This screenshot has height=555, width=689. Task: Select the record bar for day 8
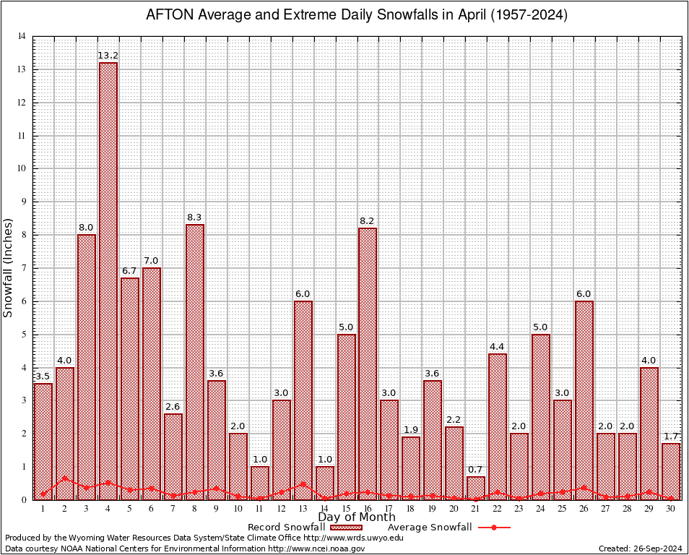point(195,361)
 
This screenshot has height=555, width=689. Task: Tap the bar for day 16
point(368,361)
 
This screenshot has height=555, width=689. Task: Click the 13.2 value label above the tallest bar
point(108,56)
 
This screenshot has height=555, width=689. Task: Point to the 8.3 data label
point(195,218)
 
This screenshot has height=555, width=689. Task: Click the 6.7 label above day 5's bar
point(130,271)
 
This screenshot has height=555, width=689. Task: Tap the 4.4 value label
point(498,347)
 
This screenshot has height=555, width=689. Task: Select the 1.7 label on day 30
point(671,436)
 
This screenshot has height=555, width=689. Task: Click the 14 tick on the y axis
point(22,37)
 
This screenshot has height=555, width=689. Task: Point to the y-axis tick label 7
point(25,268)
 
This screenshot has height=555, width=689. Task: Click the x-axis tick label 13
point(303,509)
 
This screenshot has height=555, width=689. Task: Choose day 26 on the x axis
point(584,509)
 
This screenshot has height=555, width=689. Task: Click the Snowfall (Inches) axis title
point(9,268)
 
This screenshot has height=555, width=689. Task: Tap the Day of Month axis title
point(357,517)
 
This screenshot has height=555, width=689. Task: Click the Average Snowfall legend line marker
point(494,528)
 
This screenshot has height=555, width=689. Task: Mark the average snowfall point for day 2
point(65,478)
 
